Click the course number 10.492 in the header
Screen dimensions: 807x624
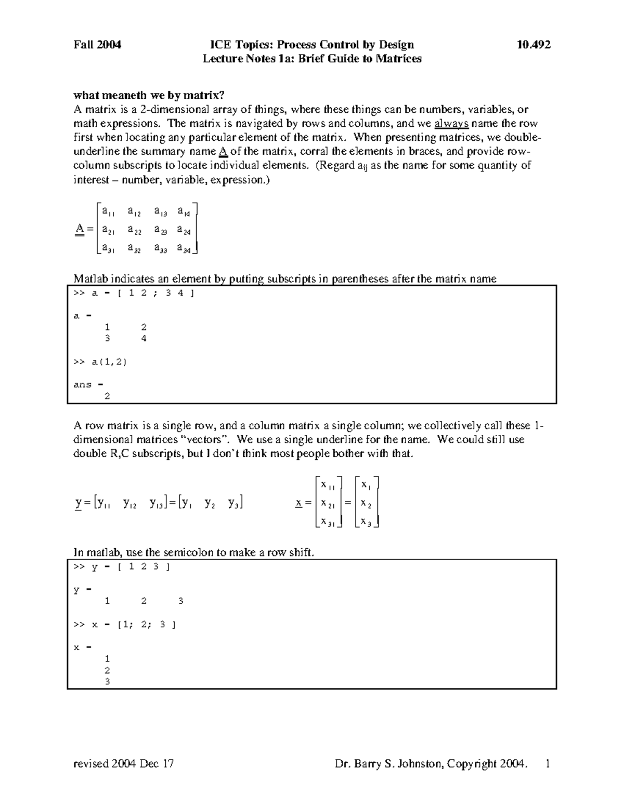coord(534,45)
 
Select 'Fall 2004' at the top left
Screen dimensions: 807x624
coord(97,45)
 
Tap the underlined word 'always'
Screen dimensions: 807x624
coord(451,123)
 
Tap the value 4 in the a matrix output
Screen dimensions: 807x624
coord(144,339)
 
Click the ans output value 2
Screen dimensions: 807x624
coord(107,396)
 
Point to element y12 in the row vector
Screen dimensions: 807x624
coord(129,503)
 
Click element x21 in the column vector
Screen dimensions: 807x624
coord(328,503)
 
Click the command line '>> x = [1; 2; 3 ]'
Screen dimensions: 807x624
coord(124,625)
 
